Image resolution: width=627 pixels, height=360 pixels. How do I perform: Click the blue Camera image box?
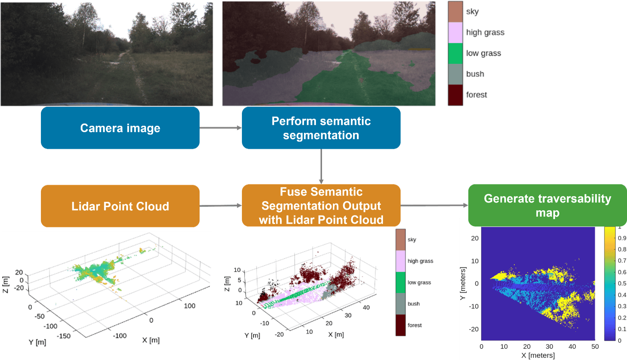tap(120, 128)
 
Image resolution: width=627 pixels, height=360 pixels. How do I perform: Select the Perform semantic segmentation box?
tap(321, 128)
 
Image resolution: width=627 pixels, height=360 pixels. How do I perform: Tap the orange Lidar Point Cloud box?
tap(120, 206)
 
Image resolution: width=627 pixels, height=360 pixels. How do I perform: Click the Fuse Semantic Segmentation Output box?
tap(321, 206)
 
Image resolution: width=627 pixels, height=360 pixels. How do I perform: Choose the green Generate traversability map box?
tap(547, 205)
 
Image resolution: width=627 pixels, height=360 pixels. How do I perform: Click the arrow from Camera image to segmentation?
tap(221, 128)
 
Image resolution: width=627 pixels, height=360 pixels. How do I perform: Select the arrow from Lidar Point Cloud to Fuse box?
tap(221, 206)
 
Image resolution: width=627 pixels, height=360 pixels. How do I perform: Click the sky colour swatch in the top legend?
tap(455, 12)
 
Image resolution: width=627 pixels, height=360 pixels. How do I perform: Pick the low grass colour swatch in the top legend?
tap(455, 53)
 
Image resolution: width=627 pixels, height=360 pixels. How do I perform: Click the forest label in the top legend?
tap(476, 95)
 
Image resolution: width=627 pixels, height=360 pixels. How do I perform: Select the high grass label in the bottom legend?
tap(420, 261)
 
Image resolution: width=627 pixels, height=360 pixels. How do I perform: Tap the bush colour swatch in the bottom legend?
tap(401, 304)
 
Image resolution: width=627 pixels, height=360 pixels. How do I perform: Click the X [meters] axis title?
tap(538, 355)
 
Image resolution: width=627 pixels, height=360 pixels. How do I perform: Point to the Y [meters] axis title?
tap(463, 283)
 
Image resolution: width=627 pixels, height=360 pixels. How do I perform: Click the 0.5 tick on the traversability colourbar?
tap(622, 283)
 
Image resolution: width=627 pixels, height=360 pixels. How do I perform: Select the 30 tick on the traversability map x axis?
tap(549, 346)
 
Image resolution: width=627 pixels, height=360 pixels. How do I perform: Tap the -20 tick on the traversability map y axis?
tap(474, 329)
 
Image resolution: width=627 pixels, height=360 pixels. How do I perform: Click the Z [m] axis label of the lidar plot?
tap(6, 285)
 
